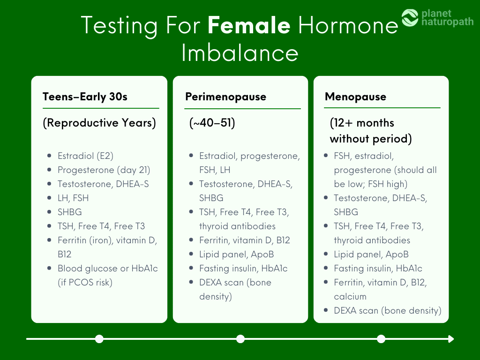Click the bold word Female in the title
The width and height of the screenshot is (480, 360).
(249, 25)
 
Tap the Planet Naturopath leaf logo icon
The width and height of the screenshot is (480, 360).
(410, 18)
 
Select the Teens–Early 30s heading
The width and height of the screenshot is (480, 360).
(85, 97)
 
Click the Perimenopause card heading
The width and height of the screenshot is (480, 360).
(225, 97)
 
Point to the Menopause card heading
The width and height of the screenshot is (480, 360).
(355, 97)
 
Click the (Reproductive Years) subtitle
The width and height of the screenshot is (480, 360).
(99, 123)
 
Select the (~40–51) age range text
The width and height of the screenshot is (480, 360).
(212, 123)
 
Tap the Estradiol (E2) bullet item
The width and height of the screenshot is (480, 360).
(85, 156)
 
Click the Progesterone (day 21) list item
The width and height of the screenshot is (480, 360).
(104, 170)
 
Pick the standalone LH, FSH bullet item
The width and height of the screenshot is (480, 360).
(73, 198)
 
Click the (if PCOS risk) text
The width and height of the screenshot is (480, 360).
(85, 282)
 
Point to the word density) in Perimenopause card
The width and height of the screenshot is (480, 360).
(216, 296)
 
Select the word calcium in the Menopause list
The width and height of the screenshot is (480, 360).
(350, 296)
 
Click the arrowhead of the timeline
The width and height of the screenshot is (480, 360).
(451, 339)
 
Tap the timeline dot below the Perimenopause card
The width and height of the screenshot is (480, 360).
(240, 339)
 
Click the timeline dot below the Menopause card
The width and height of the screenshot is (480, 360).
(381, 339)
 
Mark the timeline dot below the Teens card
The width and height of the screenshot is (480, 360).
(99, 339)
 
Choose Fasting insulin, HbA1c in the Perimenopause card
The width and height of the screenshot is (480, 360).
(243, 269)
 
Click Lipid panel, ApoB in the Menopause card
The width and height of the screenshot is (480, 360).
(371, 255)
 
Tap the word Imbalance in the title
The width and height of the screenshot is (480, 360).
(240, 53)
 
